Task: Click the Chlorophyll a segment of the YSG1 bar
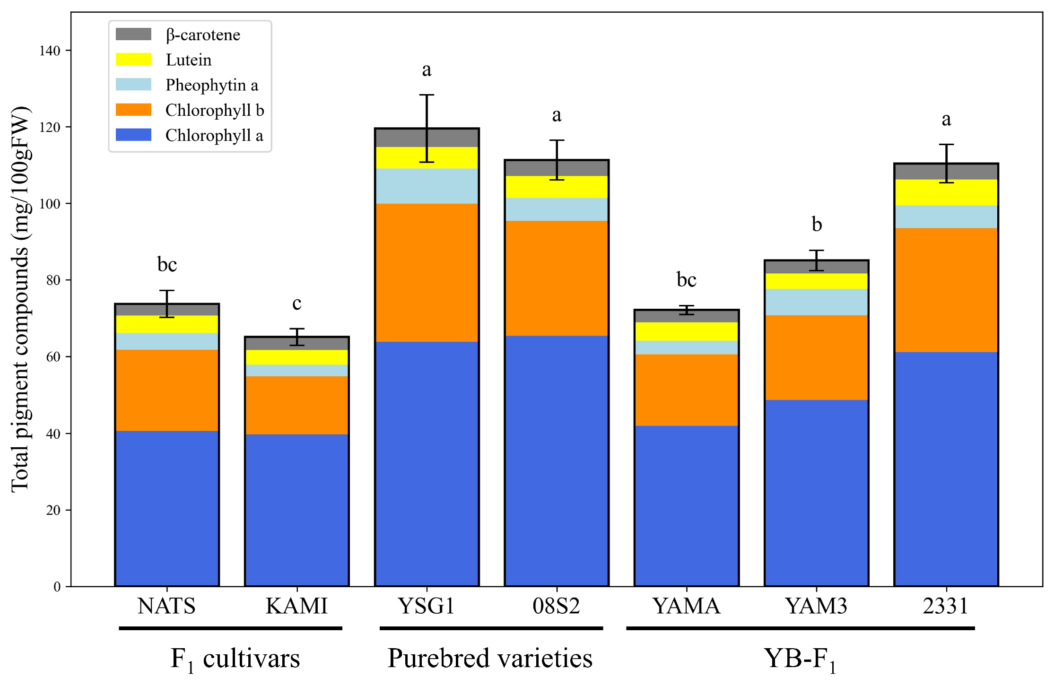(x=427, y=463)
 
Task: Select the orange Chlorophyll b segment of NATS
(x=167, y=390)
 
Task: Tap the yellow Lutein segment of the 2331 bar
(x=946, y=192)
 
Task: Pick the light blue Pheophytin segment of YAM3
(x=816, y=302)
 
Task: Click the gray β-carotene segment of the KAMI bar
(x=297, y=344)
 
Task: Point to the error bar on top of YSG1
(x=427, y=128)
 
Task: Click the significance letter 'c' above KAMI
(x=297, y=303)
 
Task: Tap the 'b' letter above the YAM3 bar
(x=817, y=224)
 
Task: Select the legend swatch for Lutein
(x=133, y=60)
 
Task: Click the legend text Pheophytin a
(x=212, y=85)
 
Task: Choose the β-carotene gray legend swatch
(x=133, y=35)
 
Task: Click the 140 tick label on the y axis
(x=50, y=51)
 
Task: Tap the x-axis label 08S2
(x=556, y=606)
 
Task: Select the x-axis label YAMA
(x=686, y=606)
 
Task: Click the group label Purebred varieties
(x=490, y=658)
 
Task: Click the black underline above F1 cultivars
(x=231, y=628)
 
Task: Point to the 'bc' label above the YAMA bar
(x=686, y=279)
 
